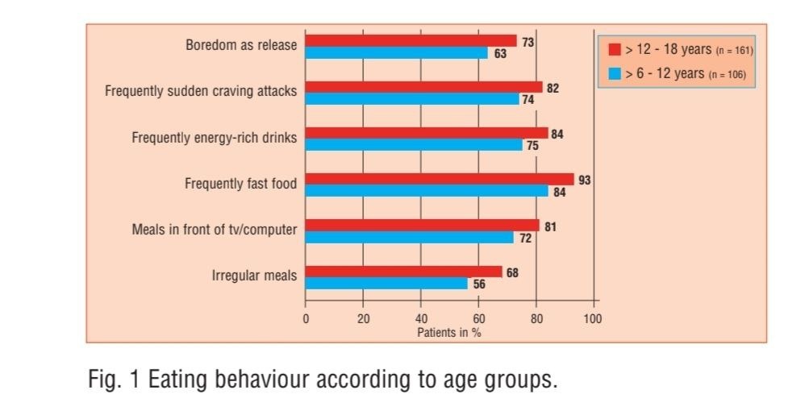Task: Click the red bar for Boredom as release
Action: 411,40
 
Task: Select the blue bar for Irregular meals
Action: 386,284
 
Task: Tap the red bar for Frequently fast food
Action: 440,179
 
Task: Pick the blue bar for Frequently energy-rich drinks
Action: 414,145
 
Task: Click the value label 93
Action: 585,180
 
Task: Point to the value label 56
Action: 479,284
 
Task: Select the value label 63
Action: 500,54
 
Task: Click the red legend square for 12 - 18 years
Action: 614,50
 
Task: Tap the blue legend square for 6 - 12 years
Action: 614,74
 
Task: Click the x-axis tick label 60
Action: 478,319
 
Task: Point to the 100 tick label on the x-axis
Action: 593,319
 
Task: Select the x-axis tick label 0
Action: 306,319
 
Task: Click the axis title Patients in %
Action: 449,332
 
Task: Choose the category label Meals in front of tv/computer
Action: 215,230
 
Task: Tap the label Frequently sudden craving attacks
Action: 201,91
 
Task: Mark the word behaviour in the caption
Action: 262,380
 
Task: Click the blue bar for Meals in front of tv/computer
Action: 409,238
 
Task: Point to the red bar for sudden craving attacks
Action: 423,86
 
